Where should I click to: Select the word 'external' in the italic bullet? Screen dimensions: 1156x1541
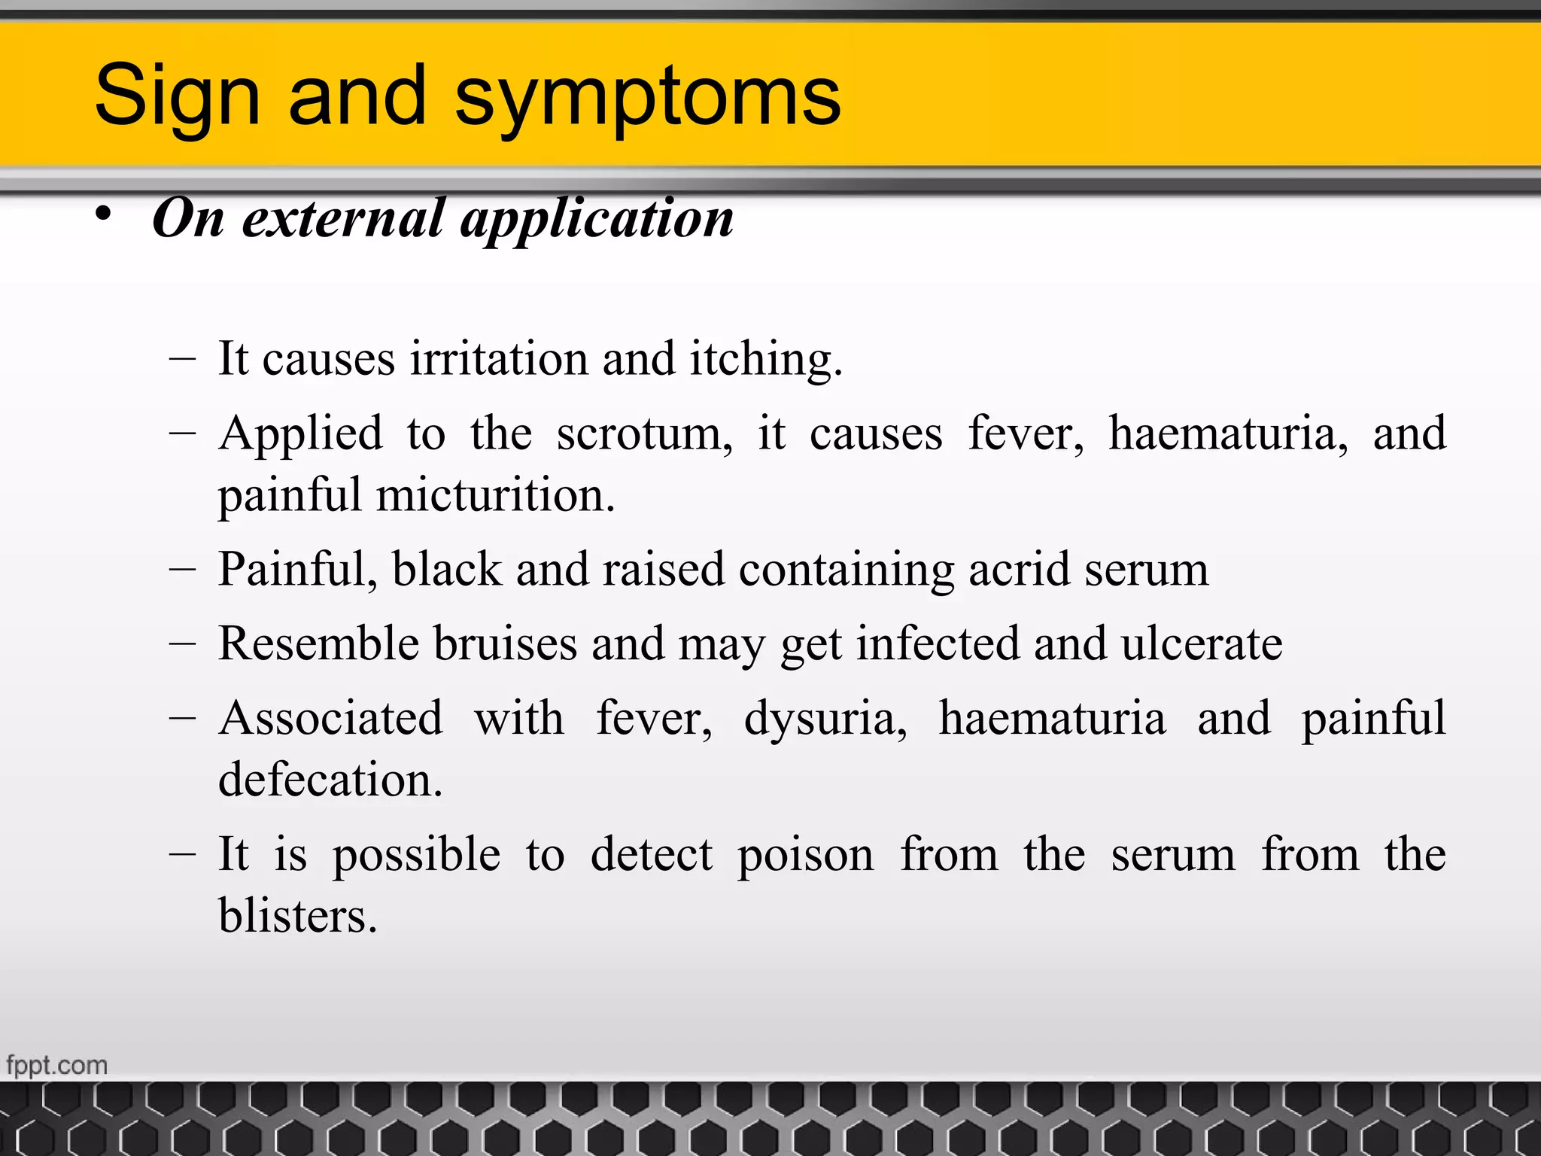click(343, 218)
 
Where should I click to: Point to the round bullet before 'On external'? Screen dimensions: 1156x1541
click(104, 214)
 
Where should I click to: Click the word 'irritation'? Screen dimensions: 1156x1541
click(498, 358)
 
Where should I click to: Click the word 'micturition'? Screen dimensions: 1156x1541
click(495, 495)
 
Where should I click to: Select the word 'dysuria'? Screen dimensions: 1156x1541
click(825, 719)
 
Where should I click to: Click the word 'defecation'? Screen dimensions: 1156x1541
click(330, 780)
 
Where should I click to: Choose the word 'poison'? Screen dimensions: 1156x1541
click(805, 856)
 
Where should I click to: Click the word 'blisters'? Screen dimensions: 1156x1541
click(297, 916)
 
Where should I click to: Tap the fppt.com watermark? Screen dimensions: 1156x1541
click(57, 1066)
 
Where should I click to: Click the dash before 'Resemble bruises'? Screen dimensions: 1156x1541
click(183, 643)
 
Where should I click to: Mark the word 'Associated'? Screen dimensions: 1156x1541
click(331, 718)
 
